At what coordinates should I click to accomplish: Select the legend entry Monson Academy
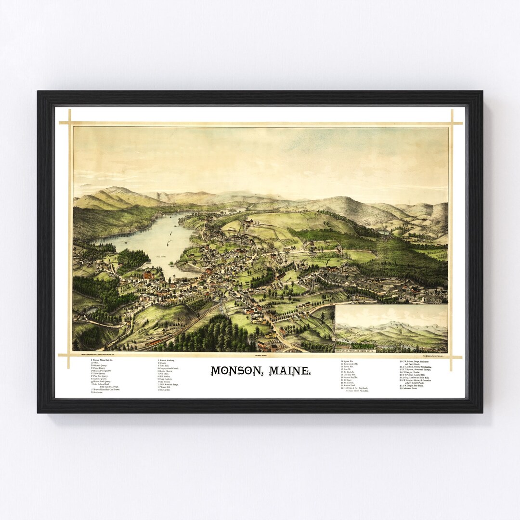tap(166, 360)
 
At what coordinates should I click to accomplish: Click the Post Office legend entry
tap(164, 374)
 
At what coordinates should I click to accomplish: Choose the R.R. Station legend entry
tap(165, 377)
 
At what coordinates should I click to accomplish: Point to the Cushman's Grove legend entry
tap(409, 388)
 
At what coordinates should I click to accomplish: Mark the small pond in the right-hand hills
tap(385, 232)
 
